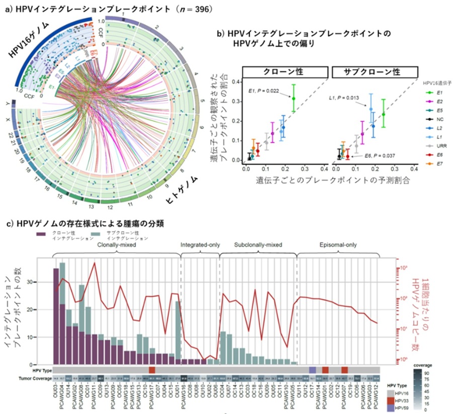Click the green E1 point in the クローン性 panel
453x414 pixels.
pyautogui.click(x=293, y=98)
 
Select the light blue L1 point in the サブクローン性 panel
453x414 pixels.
pyautogui.click(x=371, y=109)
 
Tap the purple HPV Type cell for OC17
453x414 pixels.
pyautogui.click(x=313, y=370)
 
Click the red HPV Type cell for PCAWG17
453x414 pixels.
pyautogui.click(x=152, y=370)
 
